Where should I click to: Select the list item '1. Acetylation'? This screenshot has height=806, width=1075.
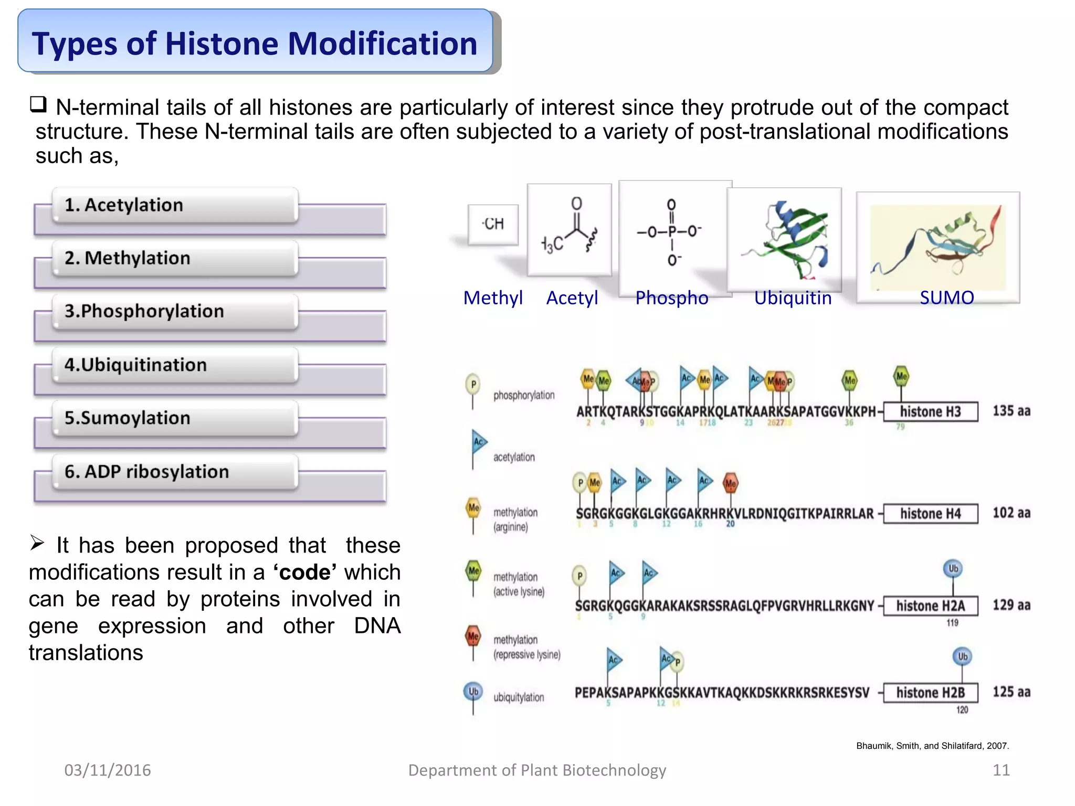coord(124,205)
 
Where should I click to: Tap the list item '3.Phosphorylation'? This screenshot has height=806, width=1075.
coord(144,311)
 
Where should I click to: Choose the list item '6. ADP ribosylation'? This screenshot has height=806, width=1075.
coord(146,471)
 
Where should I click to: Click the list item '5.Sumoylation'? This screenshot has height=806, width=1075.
coord(128,418)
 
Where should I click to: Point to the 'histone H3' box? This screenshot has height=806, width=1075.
coord(930,411)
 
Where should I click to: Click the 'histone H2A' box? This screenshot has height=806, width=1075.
coord(930,606)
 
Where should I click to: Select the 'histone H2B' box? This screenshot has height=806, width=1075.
coord(930,693)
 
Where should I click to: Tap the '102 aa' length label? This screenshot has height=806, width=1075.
coord(1011,513)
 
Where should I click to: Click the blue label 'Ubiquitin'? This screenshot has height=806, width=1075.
coord(793,298)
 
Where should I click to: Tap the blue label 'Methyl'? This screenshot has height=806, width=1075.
coord(492,298)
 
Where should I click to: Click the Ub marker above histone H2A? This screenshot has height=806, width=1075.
coord(953,568)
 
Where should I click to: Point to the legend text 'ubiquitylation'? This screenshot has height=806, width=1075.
coord(519,697)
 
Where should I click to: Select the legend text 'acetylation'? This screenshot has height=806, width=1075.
coord(514,457)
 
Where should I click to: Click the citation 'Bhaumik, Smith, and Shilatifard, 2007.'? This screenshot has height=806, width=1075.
coord(932,746)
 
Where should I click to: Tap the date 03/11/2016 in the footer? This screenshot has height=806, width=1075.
coord(108,770)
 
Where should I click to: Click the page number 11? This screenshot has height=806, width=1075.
coord(1001,770)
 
